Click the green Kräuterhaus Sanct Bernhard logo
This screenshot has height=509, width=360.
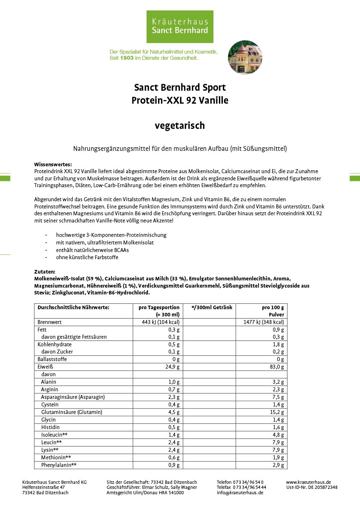click(180, 27)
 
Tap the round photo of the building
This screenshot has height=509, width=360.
click(245, 57)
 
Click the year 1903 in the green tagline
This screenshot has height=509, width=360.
click(127, 58)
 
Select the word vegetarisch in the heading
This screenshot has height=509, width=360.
click(180, 126)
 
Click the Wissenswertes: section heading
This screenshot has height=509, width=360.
click(53, 165)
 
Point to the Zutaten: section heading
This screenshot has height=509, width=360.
click(45, 272)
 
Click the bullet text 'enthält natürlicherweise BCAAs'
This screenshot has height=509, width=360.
click(92, 250)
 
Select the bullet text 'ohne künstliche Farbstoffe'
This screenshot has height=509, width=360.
click(87, 257)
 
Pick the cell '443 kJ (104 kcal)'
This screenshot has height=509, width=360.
click(161, 322)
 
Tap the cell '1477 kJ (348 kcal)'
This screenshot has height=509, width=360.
click(264, 322)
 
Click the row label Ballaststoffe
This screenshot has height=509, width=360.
click(52, 359)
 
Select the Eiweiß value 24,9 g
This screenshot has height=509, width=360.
click(172, 367)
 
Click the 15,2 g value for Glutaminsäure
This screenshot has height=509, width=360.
click(277, 412)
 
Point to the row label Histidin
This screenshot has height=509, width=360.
click(50, 427)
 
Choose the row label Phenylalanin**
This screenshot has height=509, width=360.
click(59, 465)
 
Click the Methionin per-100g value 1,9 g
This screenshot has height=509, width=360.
click(278, 458)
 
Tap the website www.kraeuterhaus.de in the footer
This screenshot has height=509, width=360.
click(309, 482)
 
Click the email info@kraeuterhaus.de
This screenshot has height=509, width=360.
click(240, 493)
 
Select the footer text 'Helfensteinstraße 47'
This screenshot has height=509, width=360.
click(44, 487)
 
